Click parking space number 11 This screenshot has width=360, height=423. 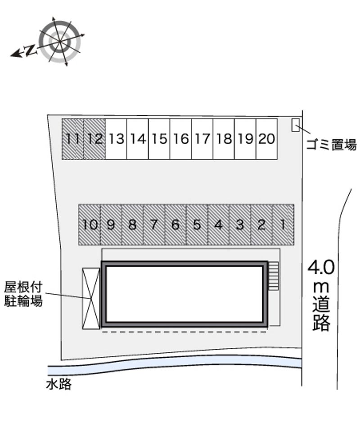click(x=72, y=139)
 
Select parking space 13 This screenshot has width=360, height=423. click(x=116, y=139)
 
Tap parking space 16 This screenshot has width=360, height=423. click(x=181, y=139)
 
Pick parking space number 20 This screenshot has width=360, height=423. click(x=267, y=139)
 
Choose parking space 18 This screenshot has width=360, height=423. click(x=224, y=139)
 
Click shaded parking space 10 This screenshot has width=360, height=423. click(x=90, y=225)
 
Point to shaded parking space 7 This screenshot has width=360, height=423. click(x=154, y=225)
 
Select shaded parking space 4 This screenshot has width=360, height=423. click(x=219, y=225)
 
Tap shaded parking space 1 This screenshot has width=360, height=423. click(x=283, y=225)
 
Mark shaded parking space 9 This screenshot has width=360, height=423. click(x=111, y=225)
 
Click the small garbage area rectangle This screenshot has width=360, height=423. click(x=296, y=125)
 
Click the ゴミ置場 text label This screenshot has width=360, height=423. click(x=331, y=145)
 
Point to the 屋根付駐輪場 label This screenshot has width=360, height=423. click(x=23, y=294)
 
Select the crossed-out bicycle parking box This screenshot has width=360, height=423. click(x=91, y=299)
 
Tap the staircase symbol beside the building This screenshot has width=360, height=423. click(x=273, y=276)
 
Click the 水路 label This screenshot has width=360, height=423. click(x=58, y=384)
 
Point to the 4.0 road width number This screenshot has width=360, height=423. click(x=321, y=267)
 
